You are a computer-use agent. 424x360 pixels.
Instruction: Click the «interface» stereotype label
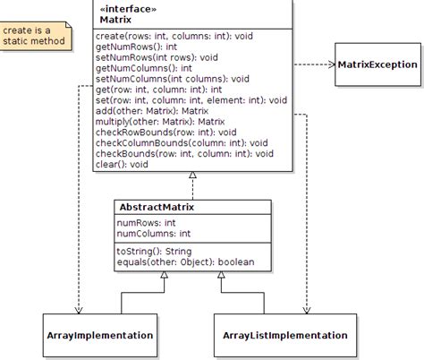(127, 8)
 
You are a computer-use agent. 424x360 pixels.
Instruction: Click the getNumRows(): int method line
(138, 45)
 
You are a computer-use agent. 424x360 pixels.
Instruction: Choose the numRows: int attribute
(147, 222)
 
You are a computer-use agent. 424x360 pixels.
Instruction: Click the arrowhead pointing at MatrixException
(330, 64)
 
